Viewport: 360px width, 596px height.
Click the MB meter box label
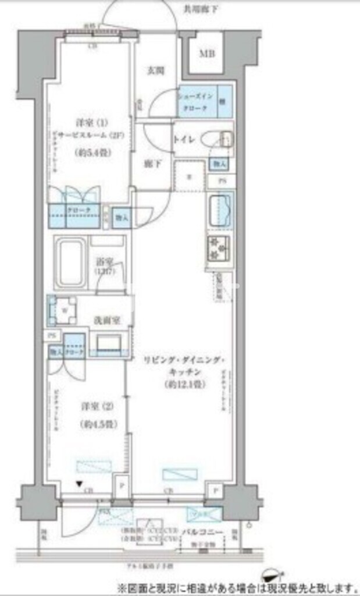(206, 54)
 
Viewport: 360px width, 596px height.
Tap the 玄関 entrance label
(155, 71)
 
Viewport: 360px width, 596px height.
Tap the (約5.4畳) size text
(92, 152)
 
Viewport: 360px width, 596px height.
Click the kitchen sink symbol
(220, 208)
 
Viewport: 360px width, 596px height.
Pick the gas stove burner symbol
(219, 248)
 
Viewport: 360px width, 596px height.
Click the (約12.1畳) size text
(183, 384)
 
